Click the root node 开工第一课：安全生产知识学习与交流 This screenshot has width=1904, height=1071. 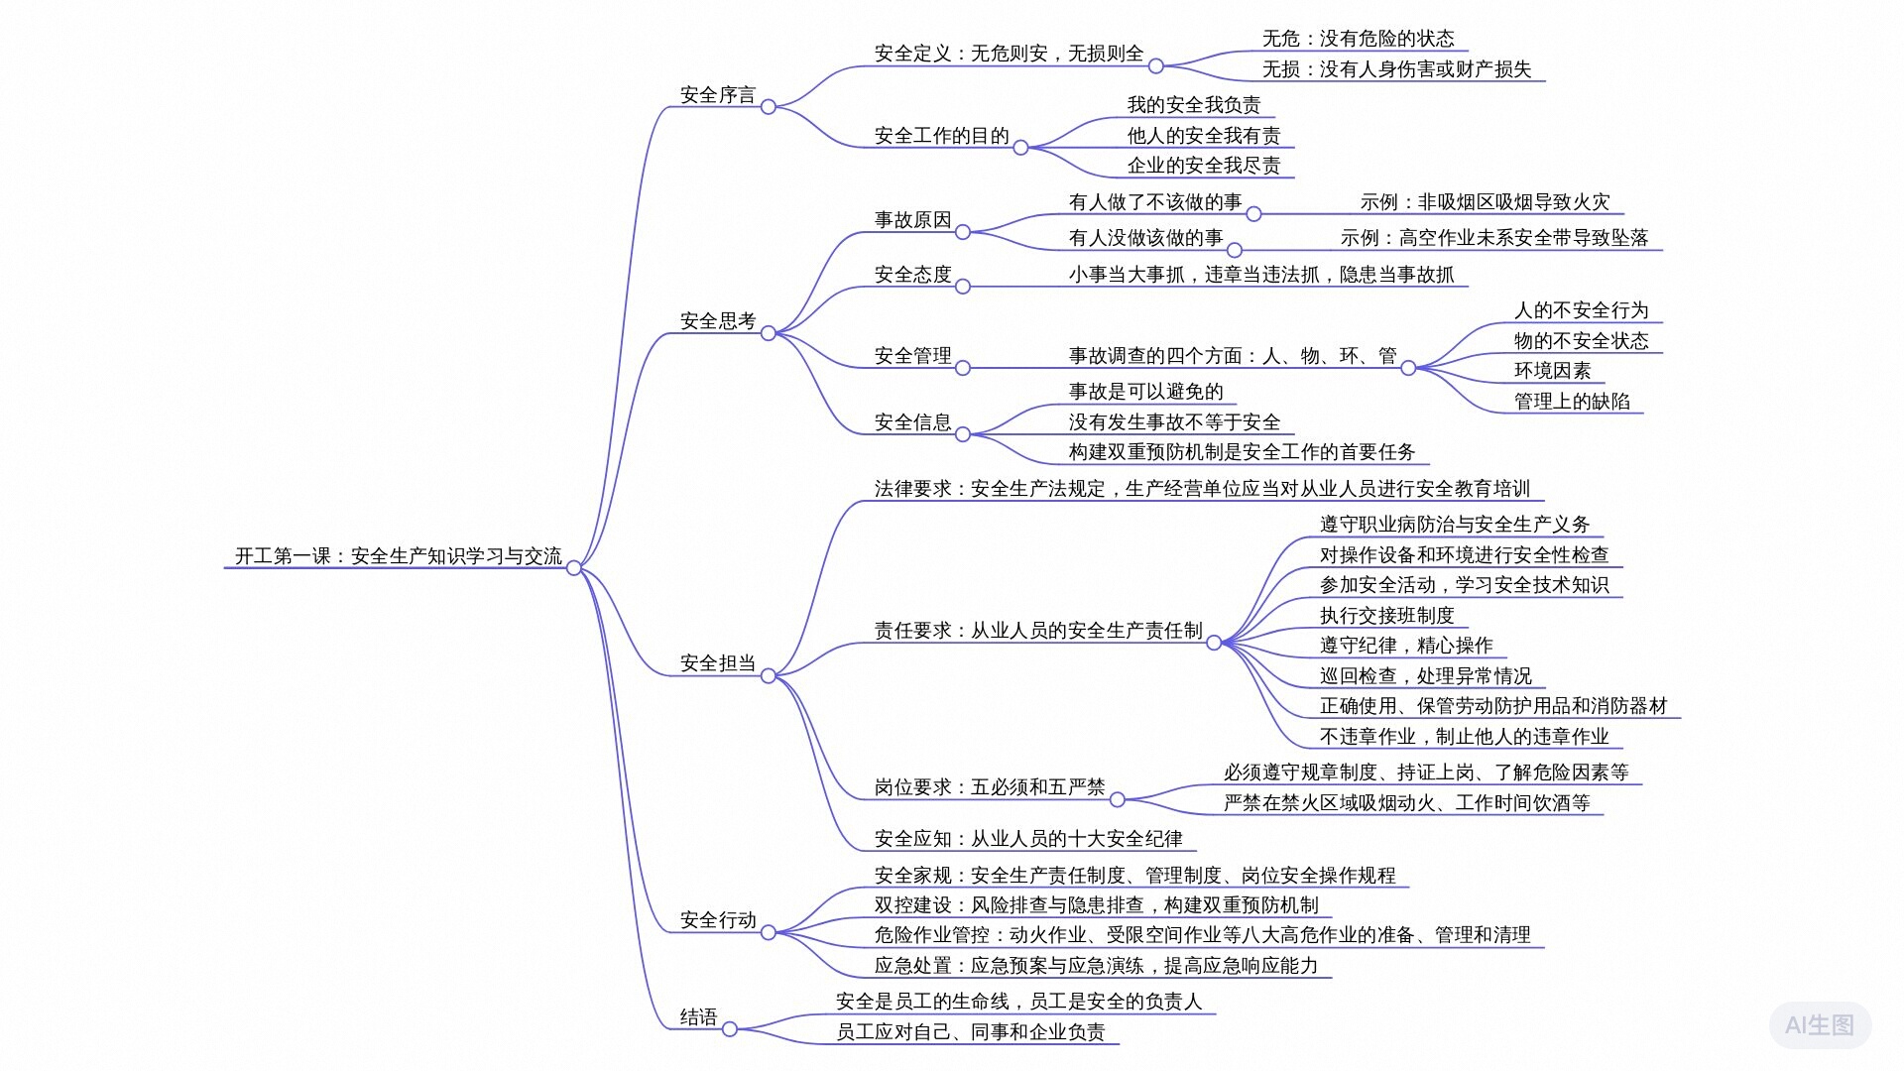(398, 556)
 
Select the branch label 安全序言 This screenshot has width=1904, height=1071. (717, 95)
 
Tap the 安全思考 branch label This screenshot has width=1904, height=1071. (717, 321)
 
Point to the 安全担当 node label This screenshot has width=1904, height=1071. (717, 663)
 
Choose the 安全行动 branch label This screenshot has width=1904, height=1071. (717, 920)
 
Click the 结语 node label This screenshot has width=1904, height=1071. (698, 1017)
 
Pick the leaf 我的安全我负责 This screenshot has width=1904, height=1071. (1193, 105)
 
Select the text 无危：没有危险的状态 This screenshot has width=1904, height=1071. (1358, 39)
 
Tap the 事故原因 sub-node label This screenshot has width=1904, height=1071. (912, 220)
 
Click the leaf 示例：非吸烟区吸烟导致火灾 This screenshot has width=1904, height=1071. (1485, 202)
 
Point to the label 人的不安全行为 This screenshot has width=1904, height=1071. (1581, 310)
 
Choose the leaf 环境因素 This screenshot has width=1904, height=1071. (1552, 371)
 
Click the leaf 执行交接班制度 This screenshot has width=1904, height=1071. (1386, 616)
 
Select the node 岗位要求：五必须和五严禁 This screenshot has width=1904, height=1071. (989, 787)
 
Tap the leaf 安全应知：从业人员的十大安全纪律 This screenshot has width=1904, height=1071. (1027, 839)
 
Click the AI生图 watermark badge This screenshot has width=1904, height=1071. (1819, 1025)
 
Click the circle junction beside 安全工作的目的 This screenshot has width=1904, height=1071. (1020, 148)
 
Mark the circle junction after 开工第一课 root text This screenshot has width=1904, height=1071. (573, 568)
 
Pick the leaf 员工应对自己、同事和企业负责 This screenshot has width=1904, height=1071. (970, 1032)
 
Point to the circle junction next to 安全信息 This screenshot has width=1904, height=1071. (962, 434)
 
